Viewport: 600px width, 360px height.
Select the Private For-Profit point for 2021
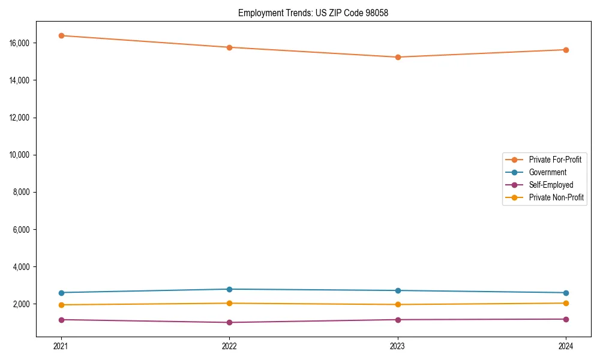click(x=61, y=35)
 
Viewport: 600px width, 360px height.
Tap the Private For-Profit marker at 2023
click(x=398, y=57)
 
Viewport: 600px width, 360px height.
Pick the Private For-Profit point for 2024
click(x=566, y=50)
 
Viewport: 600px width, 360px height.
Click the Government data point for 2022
click(x=229, y=289)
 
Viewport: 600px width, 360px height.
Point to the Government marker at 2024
click(x=566, y=293)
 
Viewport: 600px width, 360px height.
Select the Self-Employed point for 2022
click(x=229, y=322)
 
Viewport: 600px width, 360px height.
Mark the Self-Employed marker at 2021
click(x=61, y=320)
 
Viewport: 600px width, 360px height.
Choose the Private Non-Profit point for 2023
click(x=398, y=304)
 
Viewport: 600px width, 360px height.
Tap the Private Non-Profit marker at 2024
click(x=566, y=303)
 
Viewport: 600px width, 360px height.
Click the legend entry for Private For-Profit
click(x=555, y=160)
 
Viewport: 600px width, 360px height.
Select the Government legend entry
click(x=547, y=172)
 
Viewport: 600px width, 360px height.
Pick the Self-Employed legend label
click(x=551, y=185)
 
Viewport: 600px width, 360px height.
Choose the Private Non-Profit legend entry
click(x=556, y=197)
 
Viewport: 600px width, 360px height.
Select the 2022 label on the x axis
click(x=229, y=346)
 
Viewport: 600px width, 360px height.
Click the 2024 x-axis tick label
click(x=566, y=346)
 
